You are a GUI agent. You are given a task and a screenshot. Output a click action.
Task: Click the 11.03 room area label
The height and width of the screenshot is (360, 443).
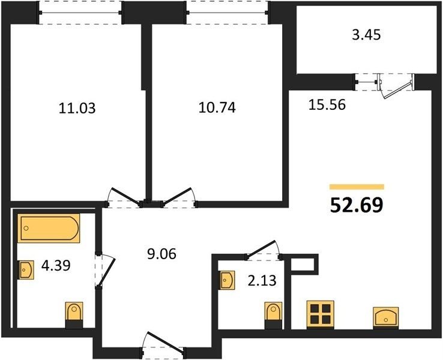(77, 108)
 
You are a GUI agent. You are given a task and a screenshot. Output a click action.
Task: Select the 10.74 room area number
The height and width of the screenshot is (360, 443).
(217, 107)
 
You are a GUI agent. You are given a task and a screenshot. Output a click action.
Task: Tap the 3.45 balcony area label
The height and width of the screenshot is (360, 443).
(367, 35)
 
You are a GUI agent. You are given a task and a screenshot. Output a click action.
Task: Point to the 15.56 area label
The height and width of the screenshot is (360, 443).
(327, 105)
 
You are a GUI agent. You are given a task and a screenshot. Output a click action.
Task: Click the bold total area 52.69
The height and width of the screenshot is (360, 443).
(357, 205)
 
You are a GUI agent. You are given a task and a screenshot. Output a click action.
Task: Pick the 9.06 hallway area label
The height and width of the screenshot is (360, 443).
(161, 254)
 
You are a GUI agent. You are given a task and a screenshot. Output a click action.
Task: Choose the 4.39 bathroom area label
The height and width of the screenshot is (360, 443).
(56, 265)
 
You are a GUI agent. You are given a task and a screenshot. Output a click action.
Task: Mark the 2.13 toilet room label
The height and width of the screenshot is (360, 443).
(262, 281)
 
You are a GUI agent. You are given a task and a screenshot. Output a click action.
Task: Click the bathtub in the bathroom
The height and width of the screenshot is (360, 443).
(49, 228)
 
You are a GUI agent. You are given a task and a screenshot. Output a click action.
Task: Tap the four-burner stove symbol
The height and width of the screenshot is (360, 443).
(321, 315)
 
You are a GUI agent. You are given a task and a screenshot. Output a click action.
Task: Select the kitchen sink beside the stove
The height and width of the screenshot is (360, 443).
(386, 317)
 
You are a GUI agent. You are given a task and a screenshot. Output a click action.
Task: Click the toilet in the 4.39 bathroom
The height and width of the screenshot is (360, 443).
(74, 315)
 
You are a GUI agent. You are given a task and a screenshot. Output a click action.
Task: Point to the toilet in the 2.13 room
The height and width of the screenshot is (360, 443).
(274, 316)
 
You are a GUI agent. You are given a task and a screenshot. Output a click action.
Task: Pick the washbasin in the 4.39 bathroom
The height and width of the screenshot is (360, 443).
(26, 270)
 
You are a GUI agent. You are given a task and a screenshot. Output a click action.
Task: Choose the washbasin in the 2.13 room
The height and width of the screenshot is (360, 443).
(227, 280)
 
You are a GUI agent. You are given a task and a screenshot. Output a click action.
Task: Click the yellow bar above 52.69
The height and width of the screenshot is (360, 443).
(357, 187)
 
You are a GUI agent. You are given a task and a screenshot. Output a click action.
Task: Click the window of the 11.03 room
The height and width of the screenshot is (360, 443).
(80, 13)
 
